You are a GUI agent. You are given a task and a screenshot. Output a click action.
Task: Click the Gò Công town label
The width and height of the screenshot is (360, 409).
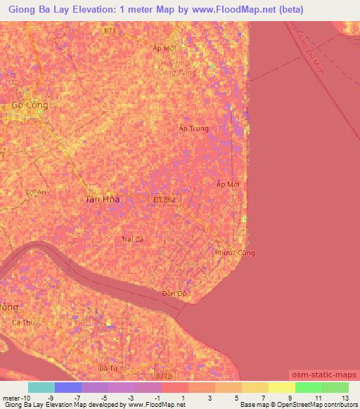[x=30, y=105]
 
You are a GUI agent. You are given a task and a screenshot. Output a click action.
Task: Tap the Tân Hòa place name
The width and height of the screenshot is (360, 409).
[x=103, y=200]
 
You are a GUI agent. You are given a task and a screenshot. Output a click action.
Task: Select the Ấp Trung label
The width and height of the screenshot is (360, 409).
[x=194, y=129]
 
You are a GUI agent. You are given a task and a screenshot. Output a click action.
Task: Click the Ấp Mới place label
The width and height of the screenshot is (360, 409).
[x=228, y=183]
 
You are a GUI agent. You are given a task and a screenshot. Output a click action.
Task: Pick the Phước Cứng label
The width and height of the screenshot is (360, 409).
[x=236, y=252]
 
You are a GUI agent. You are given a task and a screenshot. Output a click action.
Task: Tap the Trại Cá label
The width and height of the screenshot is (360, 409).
[x=132, y=240]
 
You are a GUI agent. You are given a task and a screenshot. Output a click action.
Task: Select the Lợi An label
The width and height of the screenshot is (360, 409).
[x=34, y=192]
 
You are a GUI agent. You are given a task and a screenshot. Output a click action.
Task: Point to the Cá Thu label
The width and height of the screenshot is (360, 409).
[x=22, y=323]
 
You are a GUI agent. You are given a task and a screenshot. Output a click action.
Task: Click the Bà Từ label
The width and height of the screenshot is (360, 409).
[x=107, y=368]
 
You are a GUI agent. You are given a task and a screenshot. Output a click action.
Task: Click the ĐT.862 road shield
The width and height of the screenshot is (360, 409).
[x=165, y=200]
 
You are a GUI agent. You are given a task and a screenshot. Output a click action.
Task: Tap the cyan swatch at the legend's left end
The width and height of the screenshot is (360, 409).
[x=41, y=387]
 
